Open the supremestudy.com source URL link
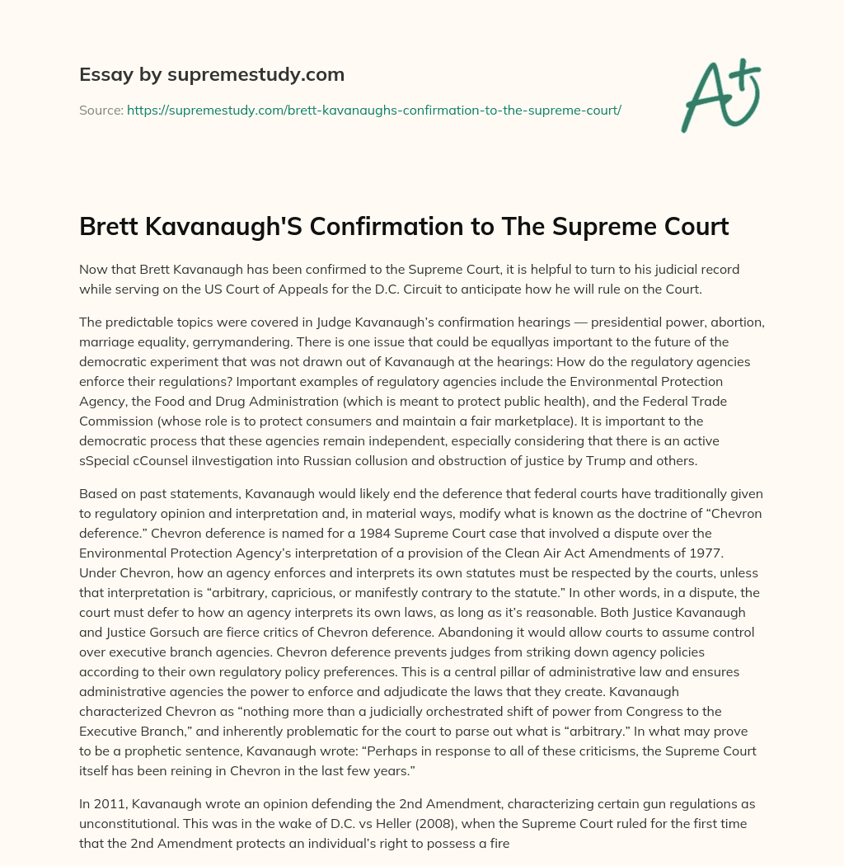point(373,110)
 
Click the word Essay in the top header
point(101,75)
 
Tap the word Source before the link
point(100,110)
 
